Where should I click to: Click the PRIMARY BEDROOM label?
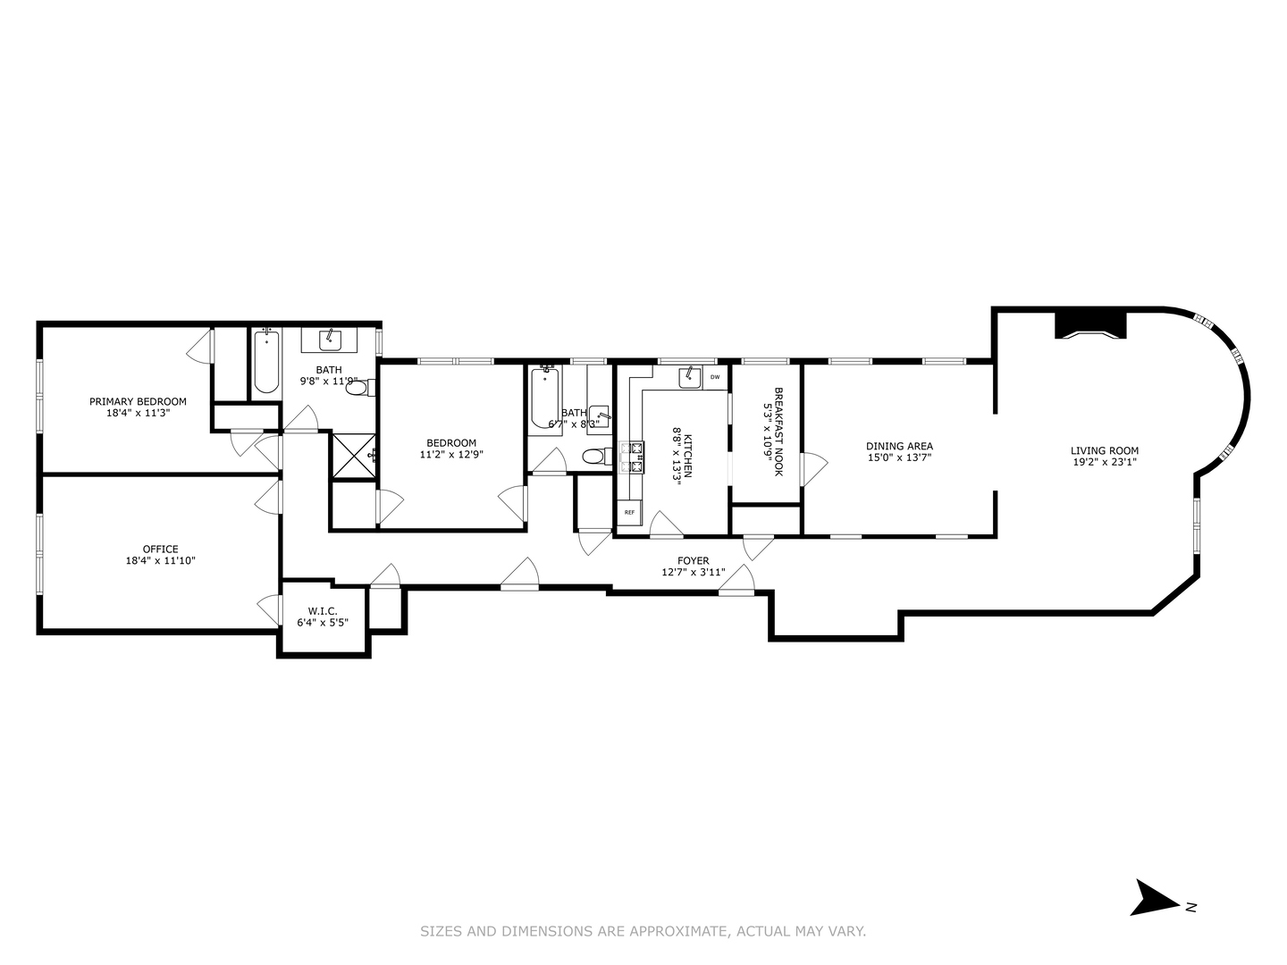[138, 401]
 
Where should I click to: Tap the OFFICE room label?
[160, 549]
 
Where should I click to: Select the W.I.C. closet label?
[322, 611]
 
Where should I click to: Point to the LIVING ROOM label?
[1105, 450]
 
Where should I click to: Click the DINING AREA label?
[899, 446]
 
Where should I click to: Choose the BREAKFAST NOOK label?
[778, 431]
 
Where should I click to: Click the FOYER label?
[693, 560]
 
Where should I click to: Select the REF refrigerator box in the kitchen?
[629, 512]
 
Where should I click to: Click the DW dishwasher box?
[714, 377]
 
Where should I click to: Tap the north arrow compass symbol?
[1155, 897]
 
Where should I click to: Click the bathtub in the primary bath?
[265, 362]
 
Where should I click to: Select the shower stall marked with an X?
[354, 455]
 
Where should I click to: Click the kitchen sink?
[689, 377]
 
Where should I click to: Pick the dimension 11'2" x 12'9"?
[451, 454]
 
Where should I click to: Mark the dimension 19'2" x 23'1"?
[1105, 463]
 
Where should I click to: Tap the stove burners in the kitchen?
[636, 456]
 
